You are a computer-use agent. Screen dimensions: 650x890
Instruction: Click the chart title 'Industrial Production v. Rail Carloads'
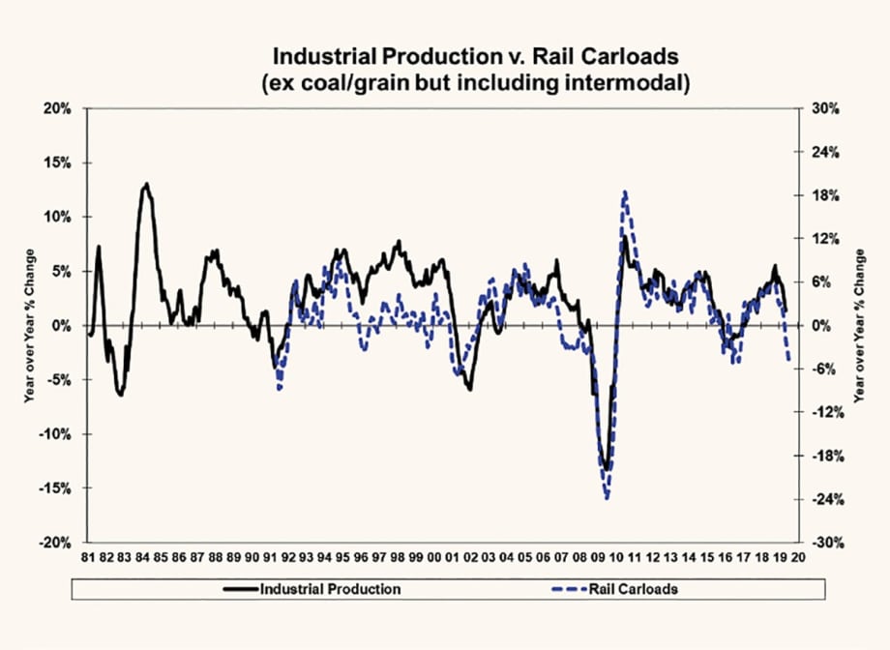[x=445, y=55]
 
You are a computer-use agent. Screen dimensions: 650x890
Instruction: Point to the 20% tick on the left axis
[x=58, y=109]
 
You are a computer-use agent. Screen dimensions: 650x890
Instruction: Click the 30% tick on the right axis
[x=822, y=109]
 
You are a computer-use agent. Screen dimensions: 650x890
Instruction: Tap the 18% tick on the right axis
[x=822, y=195]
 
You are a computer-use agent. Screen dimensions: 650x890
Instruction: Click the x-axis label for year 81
[x=89, y=559]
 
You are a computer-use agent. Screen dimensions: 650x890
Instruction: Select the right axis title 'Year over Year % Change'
[x=858, y=326]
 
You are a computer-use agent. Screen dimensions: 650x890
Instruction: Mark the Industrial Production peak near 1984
[x=146, y=183]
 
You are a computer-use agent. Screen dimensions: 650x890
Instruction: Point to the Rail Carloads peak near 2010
[x=626, y=192]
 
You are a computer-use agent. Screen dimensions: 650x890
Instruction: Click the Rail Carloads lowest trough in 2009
[x=607, y=498]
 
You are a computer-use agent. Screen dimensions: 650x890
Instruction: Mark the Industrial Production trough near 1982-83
[x=120, y=395]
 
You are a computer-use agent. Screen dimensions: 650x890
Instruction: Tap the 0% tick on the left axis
[x=62, y=326]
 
